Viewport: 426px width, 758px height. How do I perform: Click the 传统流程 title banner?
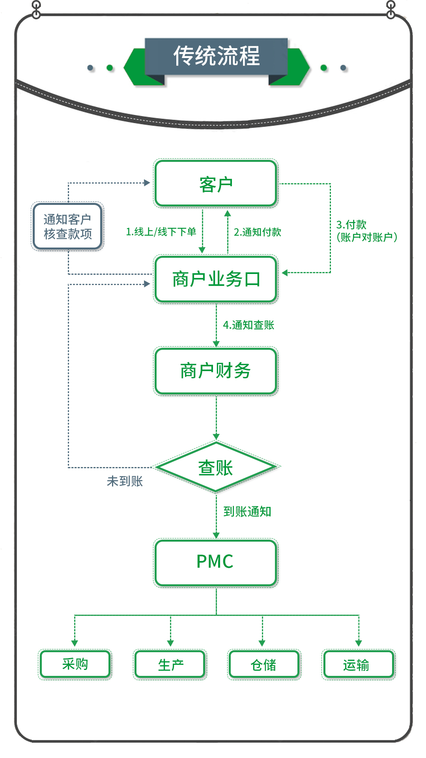point(216,56)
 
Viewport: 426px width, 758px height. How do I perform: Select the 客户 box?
point(216,184)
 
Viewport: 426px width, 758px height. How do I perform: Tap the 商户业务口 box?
point(216,279)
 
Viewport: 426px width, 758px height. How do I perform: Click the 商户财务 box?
point(216,371)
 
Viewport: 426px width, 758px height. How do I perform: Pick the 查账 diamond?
point(216,467)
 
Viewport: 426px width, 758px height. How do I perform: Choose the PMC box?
point(216,562)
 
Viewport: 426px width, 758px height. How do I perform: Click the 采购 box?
point(75,664)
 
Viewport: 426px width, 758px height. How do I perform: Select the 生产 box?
point(170,664)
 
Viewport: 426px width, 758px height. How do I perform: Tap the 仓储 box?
point(264,664)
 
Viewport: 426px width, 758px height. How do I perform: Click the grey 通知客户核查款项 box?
point(67,227)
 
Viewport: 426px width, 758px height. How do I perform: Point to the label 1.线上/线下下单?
point(161,232)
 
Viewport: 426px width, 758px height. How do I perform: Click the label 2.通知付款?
point(258,232)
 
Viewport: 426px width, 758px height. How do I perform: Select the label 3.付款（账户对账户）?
point(366,231)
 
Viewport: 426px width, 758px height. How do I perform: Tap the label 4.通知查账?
point(248,325)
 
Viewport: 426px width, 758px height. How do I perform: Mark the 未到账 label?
point(125,481)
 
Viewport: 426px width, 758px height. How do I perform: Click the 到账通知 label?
point(247,511)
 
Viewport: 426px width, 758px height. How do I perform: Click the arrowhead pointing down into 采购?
point(75,643)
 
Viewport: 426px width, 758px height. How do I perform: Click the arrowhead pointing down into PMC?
point(216,535)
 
